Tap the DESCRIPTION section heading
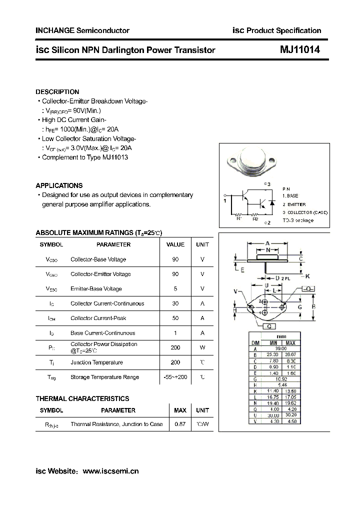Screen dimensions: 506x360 57,92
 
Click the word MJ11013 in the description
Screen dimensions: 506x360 115,157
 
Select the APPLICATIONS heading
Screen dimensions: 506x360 59,185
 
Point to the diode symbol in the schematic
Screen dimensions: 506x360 271,203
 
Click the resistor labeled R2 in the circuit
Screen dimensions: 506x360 255,214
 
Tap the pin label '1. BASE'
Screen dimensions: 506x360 290,196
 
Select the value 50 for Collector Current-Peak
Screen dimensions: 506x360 175,318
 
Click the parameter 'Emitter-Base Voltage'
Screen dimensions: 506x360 96,288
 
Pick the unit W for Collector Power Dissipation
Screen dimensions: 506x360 202,347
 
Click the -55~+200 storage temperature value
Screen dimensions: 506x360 175,377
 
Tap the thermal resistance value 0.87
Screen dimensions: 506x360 179,424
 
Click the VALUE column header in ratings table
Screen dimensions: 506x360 175,244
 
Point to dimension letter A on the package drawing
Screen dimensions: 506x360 267,243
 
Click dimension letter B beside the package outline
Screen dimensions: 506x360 313,306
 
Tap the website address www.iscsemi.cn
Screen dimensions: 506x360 110,471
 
